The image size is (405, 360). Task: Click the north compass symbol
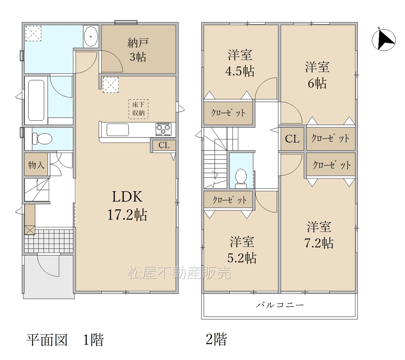[383, 40]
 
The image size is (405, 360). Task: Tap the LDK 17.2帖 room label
[127, 206]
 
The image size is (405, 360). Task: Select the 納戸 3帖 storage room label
[138, 50]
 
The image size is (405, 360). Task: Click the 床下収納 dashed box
[138, 109]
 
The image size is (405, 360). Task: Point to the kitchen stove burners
[164, 129]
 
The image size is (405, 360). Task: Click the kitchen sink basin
[117, 130]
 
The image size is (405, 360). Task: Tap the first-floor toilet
[42, 138]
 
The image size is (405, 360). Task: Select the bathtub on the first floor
[36, 101]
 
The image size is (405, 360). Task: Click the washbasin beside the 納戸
[91, 36]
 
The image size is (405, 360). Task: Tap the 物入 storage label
[36, 165]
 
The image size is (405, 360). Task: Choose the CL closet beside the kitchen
[164, 145]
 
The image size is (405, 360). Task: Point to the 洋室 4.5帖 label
[240, 63]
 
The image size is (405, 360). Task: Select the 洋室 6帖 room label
[317, 75]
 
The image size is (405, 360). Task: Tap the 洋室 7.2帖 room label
[319, 235]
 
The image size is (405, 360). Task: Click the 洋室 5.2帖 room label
[242, 250]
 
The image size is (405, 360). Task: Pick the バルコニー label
[280, 305]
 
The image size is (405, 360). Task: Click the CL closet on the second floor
[292, 138]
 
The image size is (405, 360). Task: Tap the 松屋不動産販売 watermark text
[179, 272]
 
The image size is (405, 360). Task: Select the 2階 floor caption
[216, 339]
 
